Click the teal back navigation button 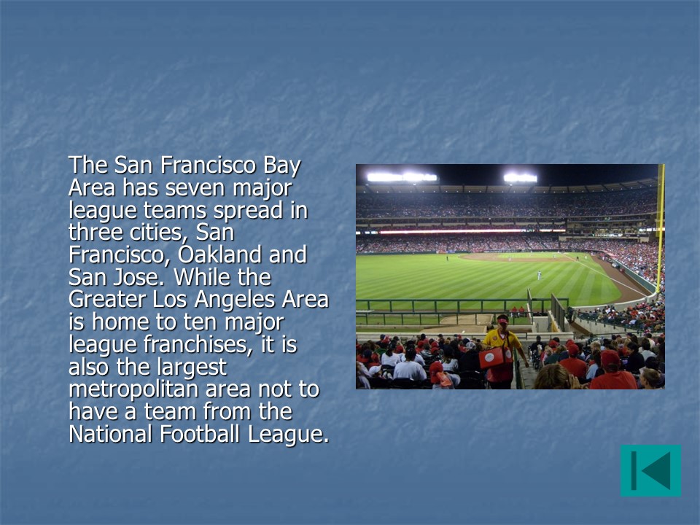click(650, 470)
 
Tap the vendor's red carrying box click(495, 357)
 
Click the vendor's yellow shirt click(502, 339)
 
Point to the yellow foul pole click(661, 227)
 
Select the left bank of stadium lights click(402, 177)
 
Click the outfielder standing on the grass click(540, 275)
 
